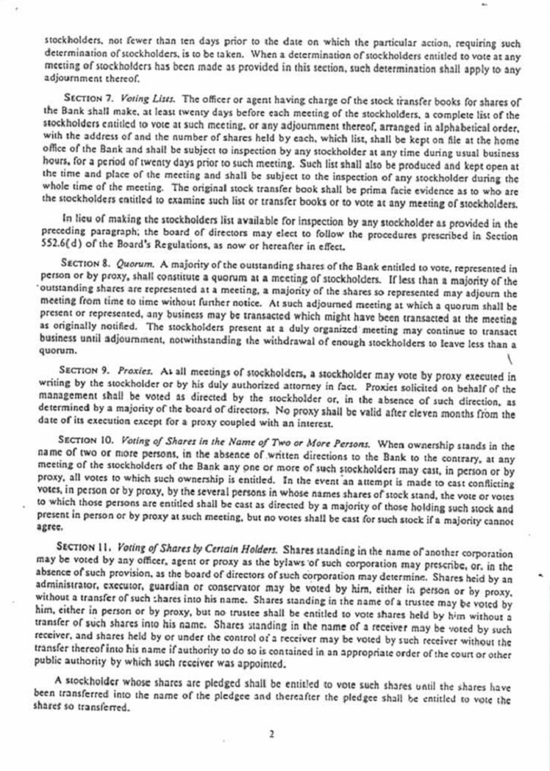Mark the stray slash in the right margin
pos(510,359)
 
